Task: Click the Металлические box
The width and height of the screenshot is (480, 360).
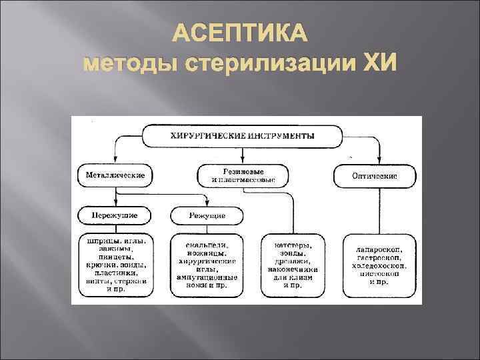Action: tap(115, 176)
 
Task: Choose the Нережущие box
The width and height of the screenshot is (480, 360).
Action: tap(115, 216)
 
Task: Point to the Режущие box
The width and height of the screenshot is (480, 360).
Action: tap(207, 216)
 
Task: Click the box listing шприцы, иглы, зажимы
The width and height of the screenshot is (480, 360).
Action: tap(115, 264)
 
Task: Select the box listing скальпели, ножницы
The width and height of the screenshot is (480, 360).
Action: tap(207, 264)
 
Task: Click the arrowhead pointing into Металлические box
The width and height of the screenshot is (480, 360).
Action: tap(115, 162)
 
